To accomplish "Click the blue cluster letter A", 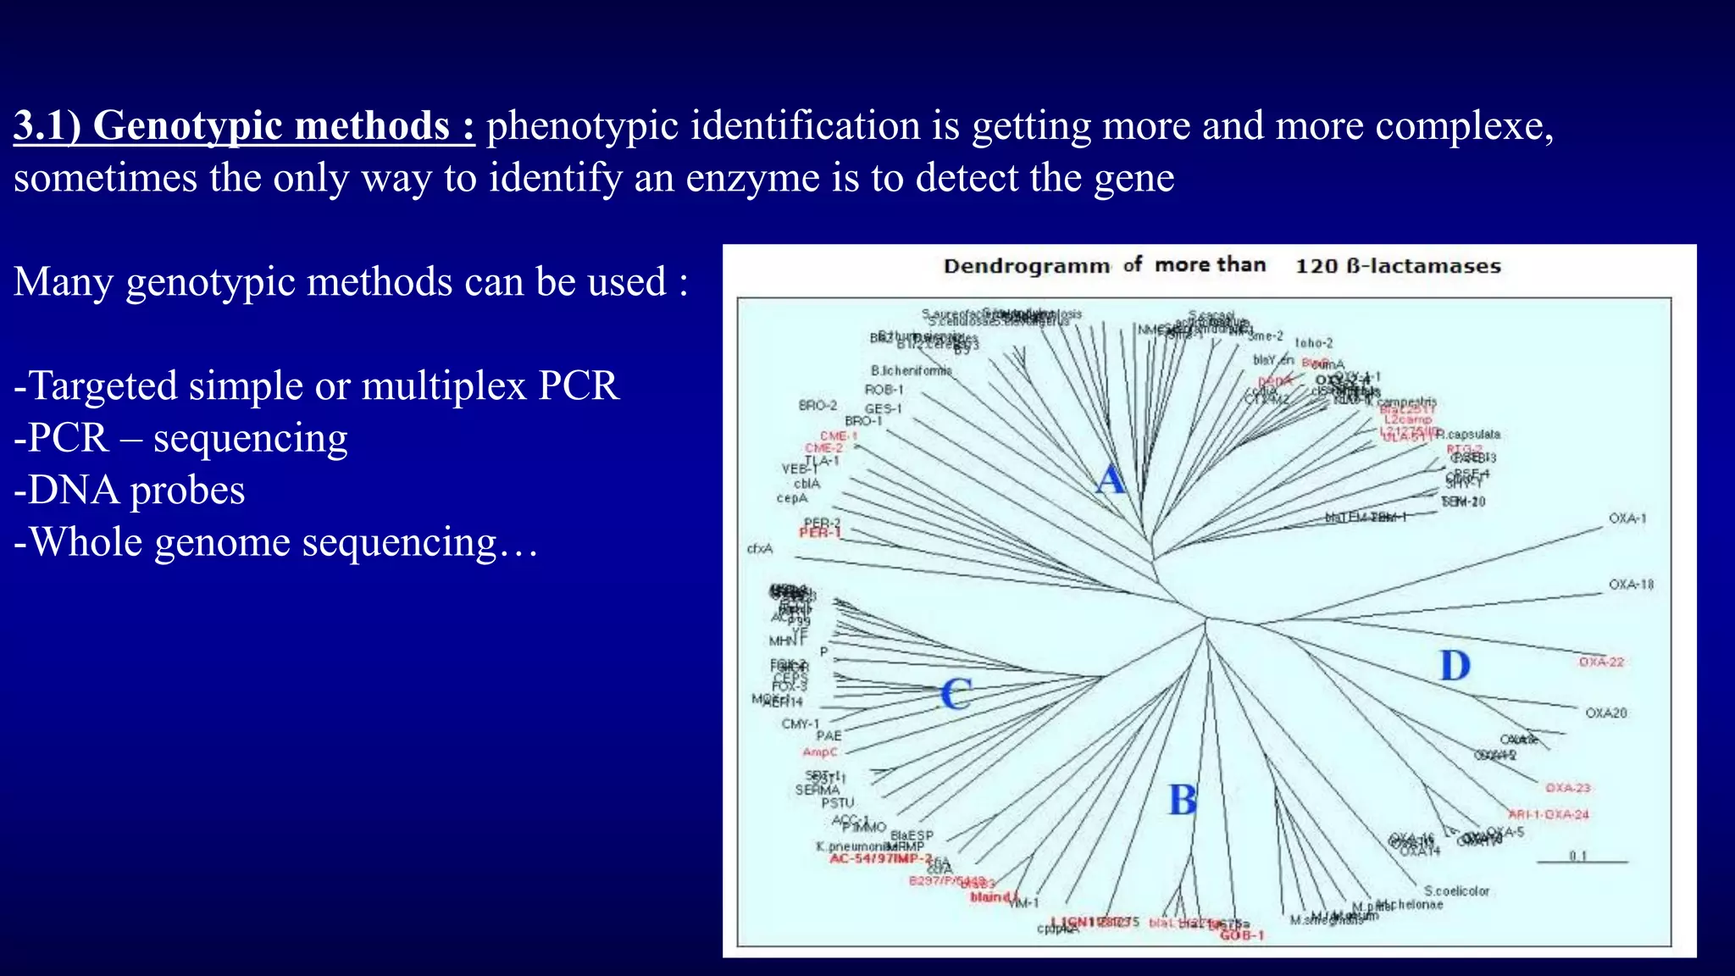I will point(1111,480).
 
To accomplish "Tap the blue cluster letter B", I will point(1183,800).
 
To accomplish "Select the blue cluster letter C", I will point(956,695).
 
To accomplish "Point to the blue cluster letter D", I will point(1455,666).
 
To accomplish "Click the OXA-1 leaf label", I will point(1627,518).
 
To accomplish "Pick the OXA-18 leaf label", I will point(1631,585).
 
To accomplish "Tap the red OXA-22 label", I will point(1601,662).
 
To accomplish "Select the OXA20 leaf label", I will point(1606,713).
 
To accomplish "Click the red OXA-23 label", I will point(1568,788).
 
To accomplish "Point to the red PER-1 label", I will point(820,533).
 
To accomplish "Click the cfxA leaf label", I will point(760,548).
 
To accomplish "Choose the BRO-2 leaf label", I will point(818,406).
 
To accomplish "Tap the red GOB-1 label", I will point(1242,935).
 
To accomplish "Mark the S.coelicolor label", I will point(1456,891).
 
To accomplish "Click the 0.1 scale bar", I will point(1582,860).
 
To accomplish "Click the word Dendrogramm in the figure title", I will point(1026,266).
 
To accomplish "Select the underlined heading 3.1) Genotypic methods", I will point(244,126).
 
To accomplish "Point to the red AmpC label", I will point(819,752).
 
